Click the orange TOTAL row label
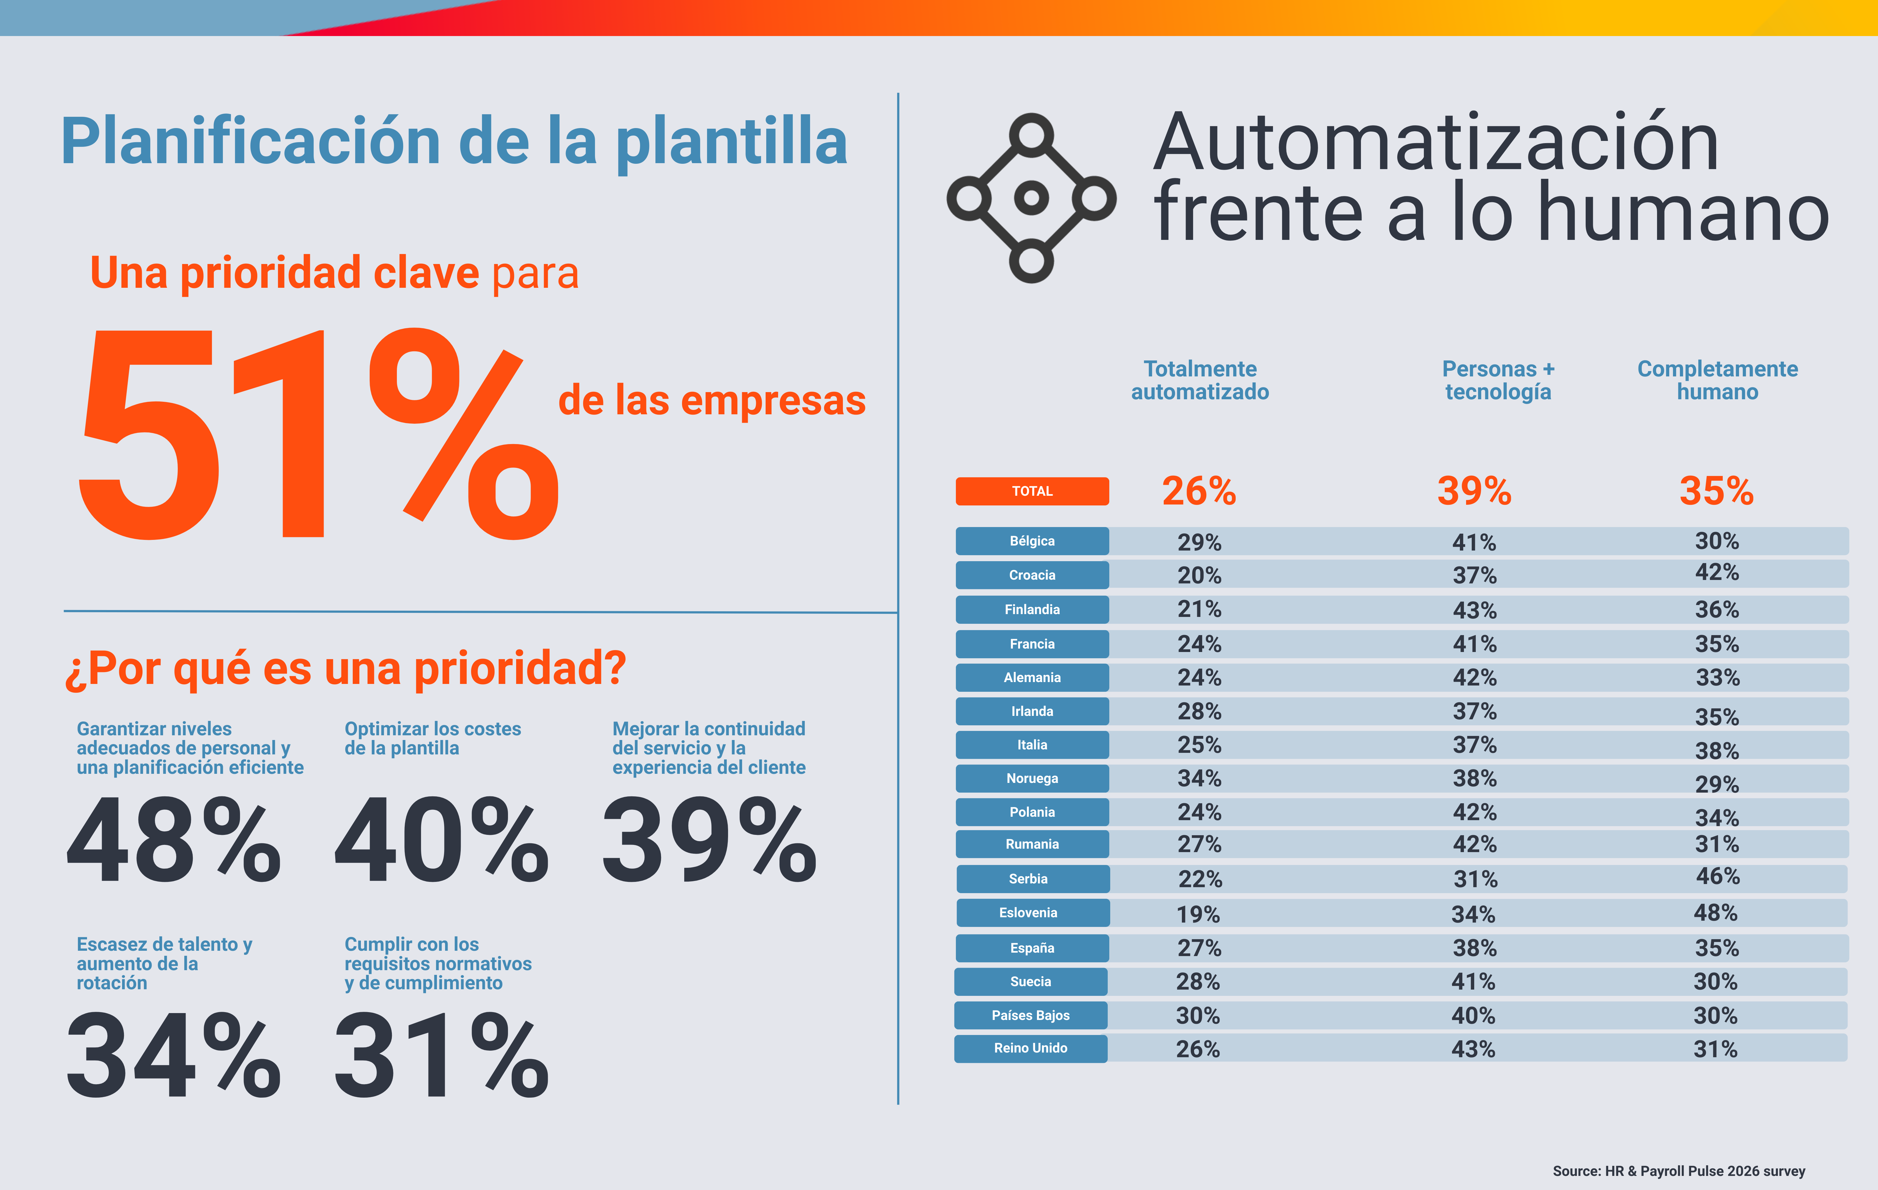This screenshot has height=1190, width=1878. click(x=1032, y=491)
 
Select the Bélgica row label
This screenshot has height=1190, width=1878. click(x=1032, y=541)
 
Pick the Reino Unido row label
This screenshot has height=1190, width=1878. click(x=1030, y=1048)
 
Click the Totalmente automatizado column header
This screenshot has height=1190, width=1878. click(x=1199, y=380)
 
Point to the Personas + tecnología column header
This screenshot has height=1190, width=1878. click(x=1497, y=380)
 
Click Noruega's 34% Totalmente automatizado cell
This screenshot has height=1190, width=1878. click(x=1199, y=778)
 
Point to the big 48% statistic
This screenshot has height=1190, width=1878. click(x=173, y=841)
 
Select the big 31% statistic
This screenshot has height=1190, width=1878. click(x=441, y=1055)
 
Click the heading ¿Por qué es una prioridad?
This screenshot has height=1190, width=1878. click(x=346, y=669)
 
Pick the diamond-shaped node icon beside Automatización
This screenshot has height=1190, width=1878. click(x=1031, y=198)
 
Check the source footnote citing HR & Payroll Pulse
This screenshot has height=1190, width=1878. click(x=1678, y=1171)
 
